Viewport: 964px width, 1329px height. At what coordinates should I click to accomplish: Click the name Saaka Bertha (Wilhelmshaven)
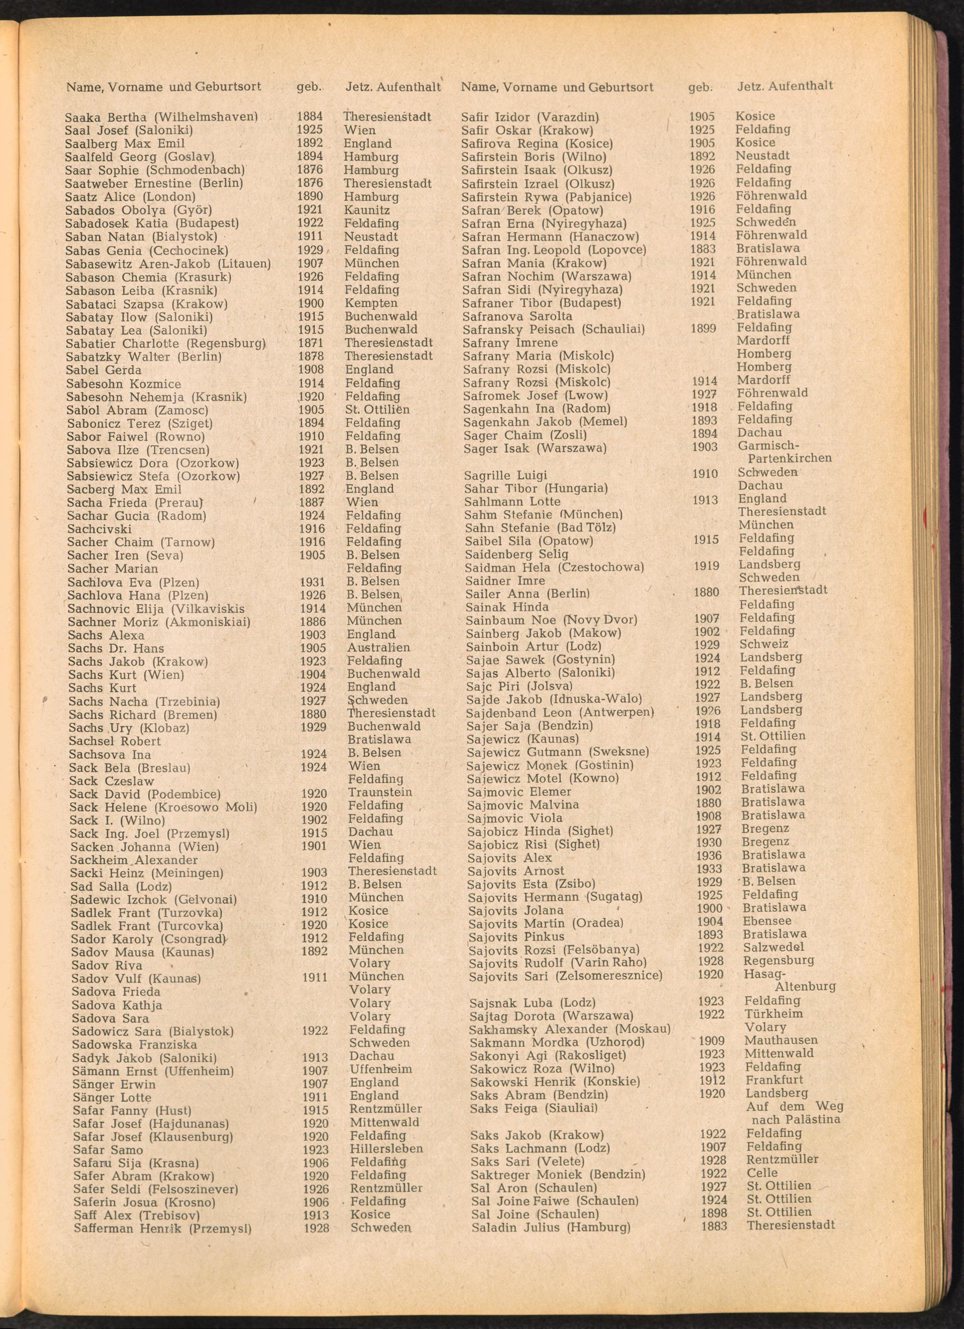(161, 117)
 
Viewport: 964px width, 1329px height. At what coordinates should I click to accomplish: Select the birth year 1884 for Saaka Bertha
(309, 117)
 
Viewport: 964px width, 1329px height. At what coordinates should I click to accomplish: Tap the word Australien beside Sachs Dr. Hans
(378, 648)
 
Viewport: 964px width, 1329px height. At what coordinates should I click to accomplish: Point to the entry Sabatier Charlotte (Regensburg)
(166, 344)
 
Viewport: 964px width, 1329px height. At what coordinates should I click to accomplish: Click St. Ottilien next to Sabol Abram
(377, 410)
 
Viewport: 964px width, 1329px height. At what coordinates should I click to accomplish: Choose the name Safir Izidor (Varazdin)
(530, 117)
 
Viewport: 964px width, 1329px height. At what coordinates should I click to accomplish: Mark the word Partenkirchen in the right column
(790, 458)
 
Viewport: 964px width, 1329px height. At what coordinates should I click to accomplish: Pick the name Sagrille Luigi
(505, 475)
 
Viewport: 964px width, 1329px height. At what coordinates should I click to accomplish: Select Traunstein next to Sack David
(380, 792)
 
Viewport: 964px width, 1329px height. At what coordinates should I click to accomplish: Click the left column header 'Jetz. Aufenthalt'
(393, 87)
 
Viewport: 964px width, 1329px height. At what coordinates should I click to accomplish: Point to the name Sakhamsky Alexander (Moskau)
(570, 1029)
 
